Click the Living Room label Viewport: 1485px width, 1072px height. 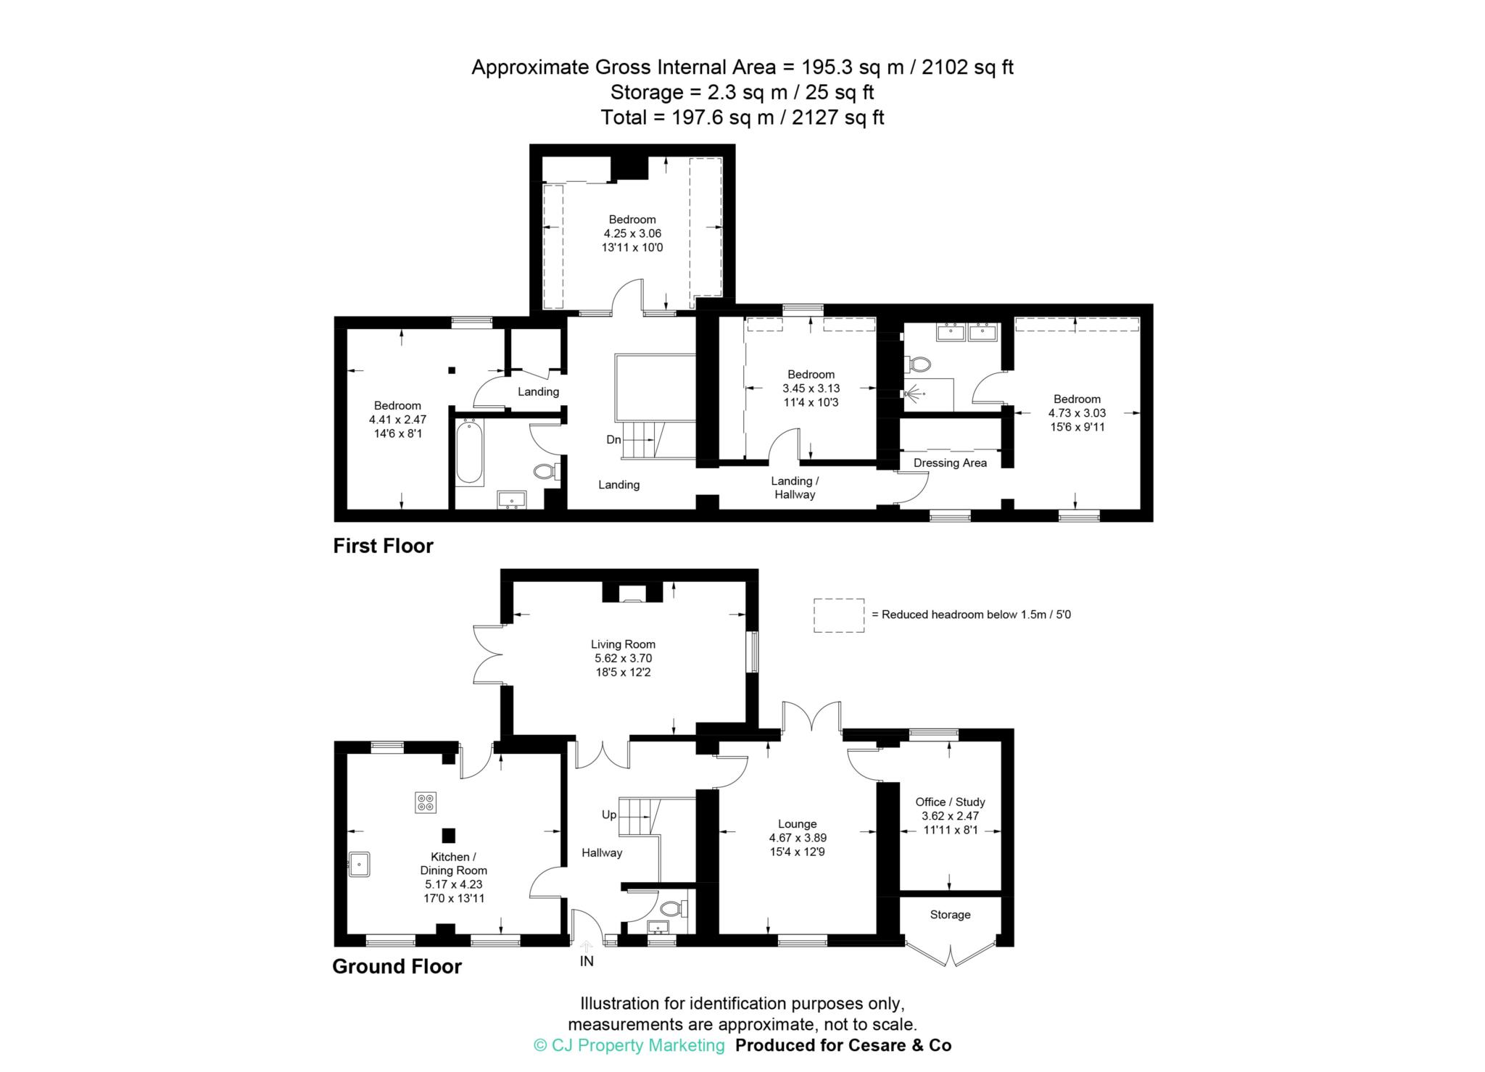coord(623,644)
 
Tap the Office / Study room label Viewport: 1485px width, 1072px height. coord(950,802)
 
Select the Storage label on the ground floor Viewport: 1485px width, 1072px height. coord(950,915)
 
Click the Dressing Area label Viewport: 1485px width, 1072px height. coord(950,463)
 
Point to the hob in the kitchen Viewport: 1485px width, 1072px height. coord(426,802)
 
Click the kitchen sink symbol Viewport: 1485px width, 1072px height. coord(359,863)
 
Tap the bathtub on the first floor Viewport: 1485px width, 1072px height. coord(469,452)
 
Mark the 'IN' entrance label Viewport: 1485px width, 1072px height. coord(587,961)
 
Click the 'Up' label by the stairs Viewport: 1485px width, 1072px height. coord(609,815)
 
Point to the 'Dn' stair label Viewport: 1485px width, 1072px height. coord(613,439)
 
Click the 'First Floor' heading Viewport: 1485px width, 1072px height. coord(383,546)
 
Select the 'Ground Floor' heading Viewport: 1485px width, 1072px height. coord(397,966)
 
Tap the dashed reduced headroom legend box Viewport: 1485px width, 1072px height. coord(839,615)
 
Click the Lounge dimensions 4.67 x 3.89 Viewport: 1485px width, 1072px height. coord(798,838)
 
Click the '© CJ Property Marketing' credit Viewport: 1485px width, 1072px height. coord(629,1045)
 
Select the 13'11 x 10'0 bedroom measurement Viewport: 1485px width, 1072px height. coord(632,247)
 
